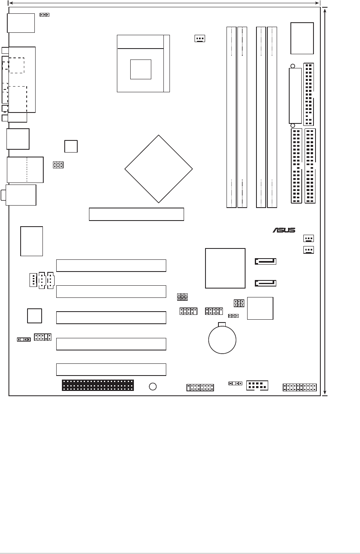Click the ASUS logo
pos(284,230)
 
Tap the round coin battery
pos(222,340)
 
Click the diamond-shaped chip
pos(159,169)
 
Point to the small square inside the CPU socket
pos(140,69)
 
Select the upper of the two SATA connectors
pos(265,261)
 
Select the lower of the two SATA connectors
pos(265,283)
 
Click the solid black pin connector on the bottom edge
pos(98,385)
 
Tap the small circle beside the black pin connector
pos(152,386)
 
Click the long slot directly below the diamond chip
pos(136,214)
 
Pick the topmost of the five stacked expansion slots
pos(111,265)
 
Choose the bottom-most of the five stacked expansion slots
pos(111,369)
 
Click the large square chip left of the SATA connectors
pos(225,268)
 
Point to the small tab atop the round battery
pos(222,324)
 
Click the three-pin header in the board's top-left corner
pos(44,15)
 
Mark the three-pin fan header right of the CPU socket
pos(199,39)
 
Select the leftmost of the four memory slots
pos(231,117)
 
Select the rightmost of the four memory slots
pos(272,117)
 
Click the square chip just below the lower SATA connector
pos(260,308)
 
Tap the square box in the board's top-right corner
pos(302,38)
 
